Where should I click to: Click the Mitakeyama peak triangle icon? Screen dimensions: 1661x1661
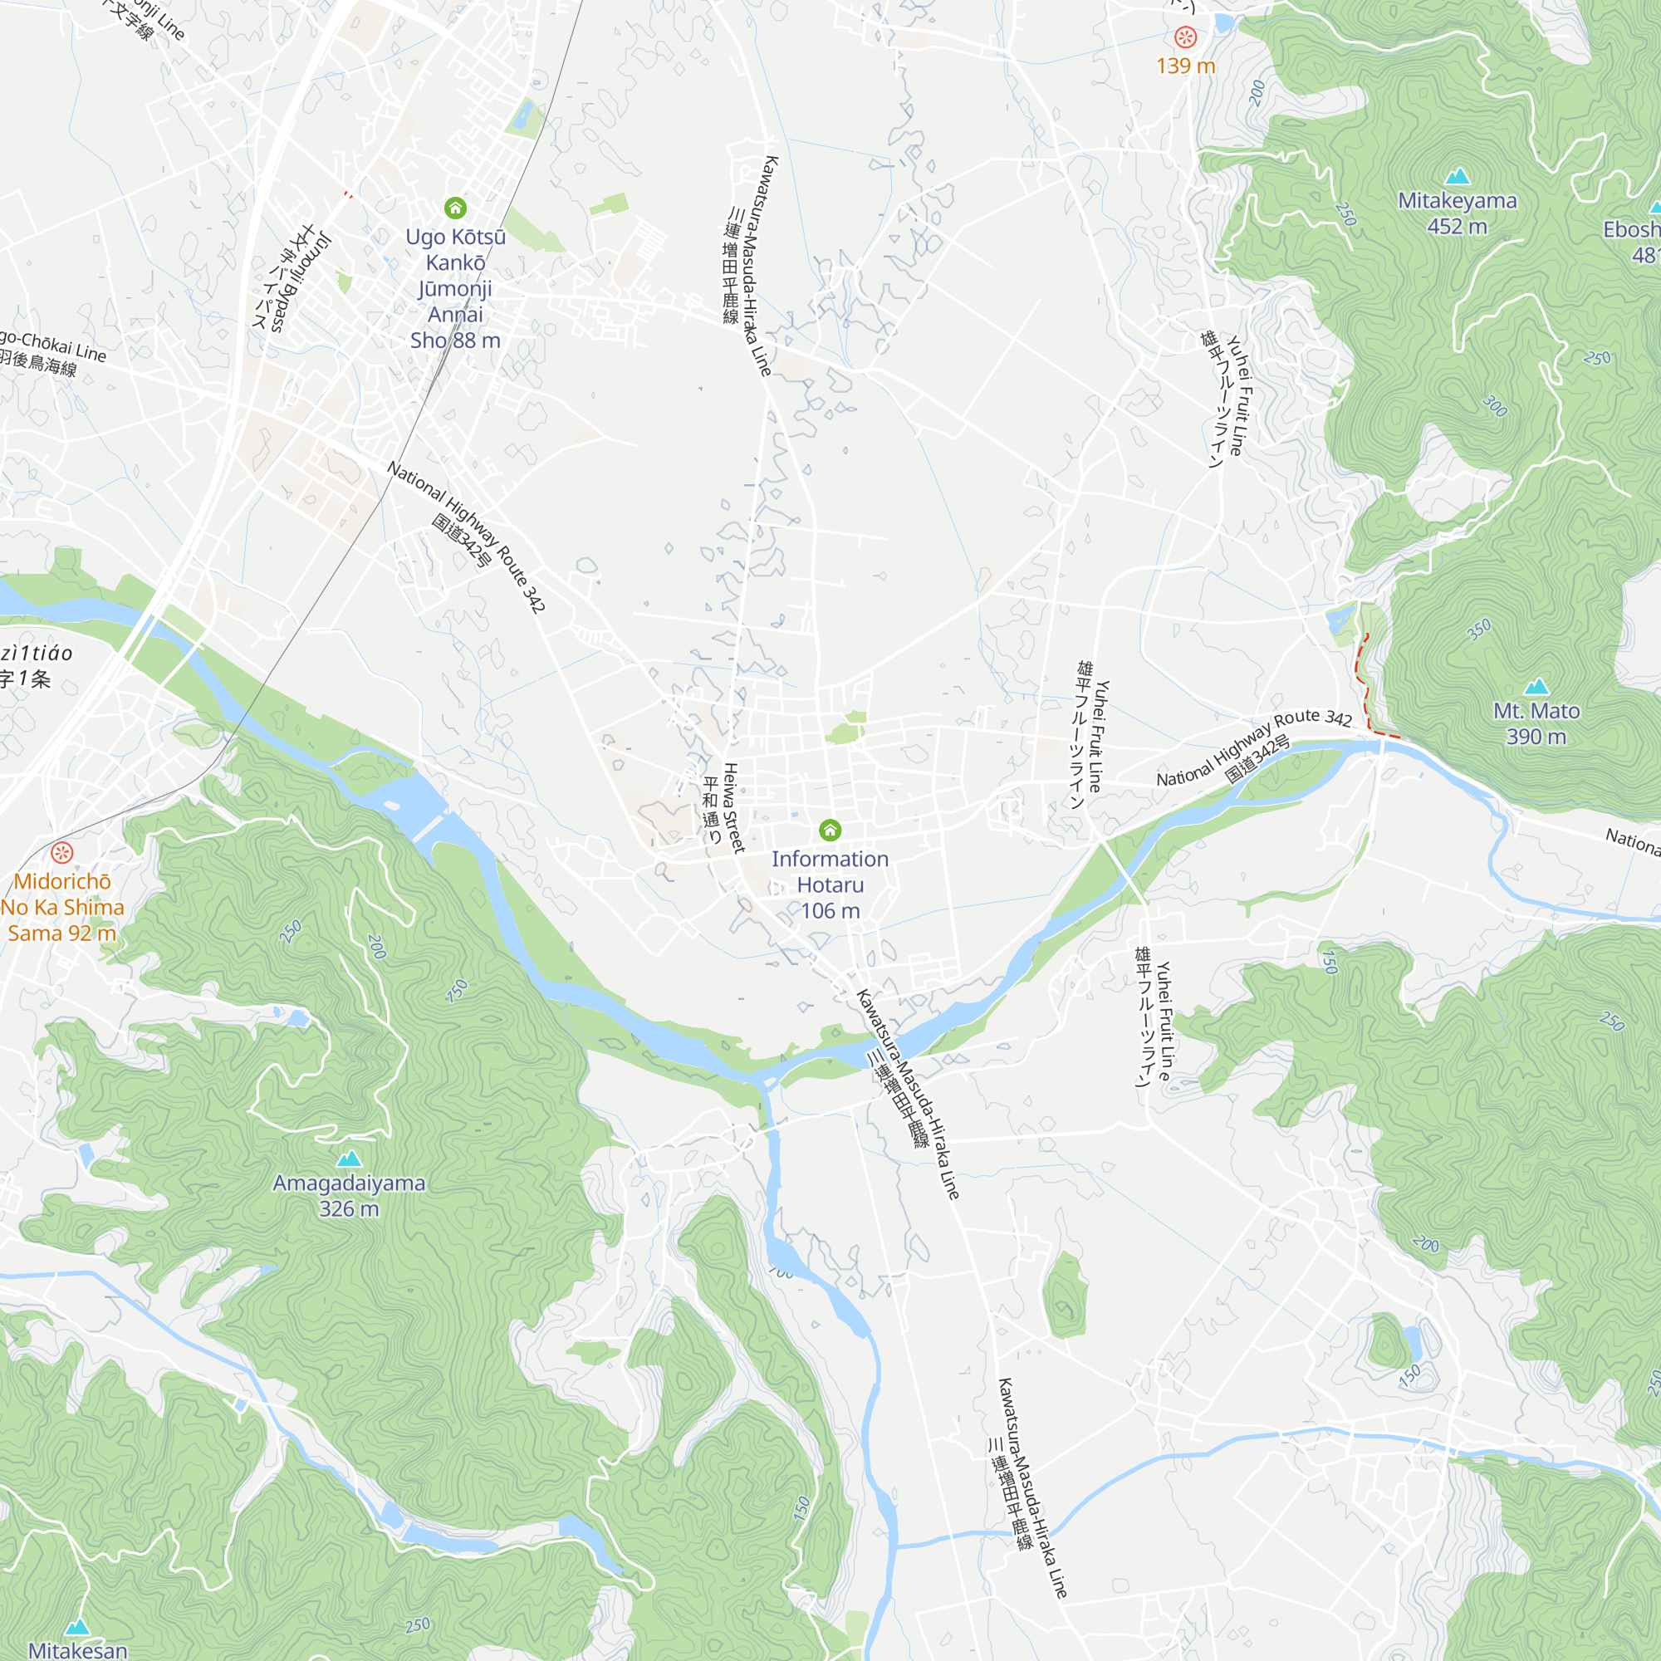[x=1457, y=177]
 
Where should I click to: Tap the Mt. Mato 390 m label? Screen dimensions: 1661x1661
[x=1536, y=724]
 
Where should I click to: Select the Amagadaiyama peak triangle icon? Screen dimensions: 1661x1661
[x=349, y=1159]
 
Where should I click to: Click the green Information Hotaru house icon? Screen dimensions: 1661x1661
[x=830, y=830]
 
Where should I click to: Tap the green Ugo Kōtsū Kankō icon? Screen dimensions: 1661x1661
[x=456, y=208]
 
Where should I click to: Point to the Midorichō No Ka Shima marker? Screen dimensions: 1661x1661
[x=62, y=852]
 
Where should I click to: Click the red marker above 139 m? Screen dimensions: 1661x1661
[x=1186, y=37]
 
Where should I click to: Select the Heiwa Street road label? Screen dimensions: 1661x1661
[x=732, y=807]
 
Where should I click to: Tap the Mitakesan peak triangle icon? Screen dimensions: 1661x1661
[x=77, y=1627]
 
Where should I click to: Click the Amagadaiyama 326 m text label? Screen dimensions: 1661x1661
[x=349, y=1196]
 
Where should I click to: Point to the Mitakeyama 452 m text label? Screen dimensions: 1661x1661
[x=1457, y=213]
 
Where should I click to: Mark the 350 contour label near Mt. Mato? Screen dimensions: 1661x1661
[x=1479, y=630]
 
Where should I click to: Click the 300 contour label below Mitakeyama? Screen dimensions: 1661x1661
[x=1495, y=406]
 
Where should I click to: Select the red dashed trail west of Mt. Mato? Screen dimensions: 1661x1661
[x=1365, y=688]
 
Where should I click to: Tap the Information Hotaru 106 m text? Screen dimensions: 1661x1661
[x=830, y=884]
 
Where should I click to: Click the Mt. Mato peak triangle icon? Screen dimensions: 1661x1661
[x=1536, y=687]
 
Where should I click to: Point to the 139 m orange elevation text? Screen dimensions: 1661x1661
[x=1186, y=66]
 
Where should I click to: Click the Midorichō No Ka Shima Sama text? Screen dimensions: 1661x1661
[x=62, y=907]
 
